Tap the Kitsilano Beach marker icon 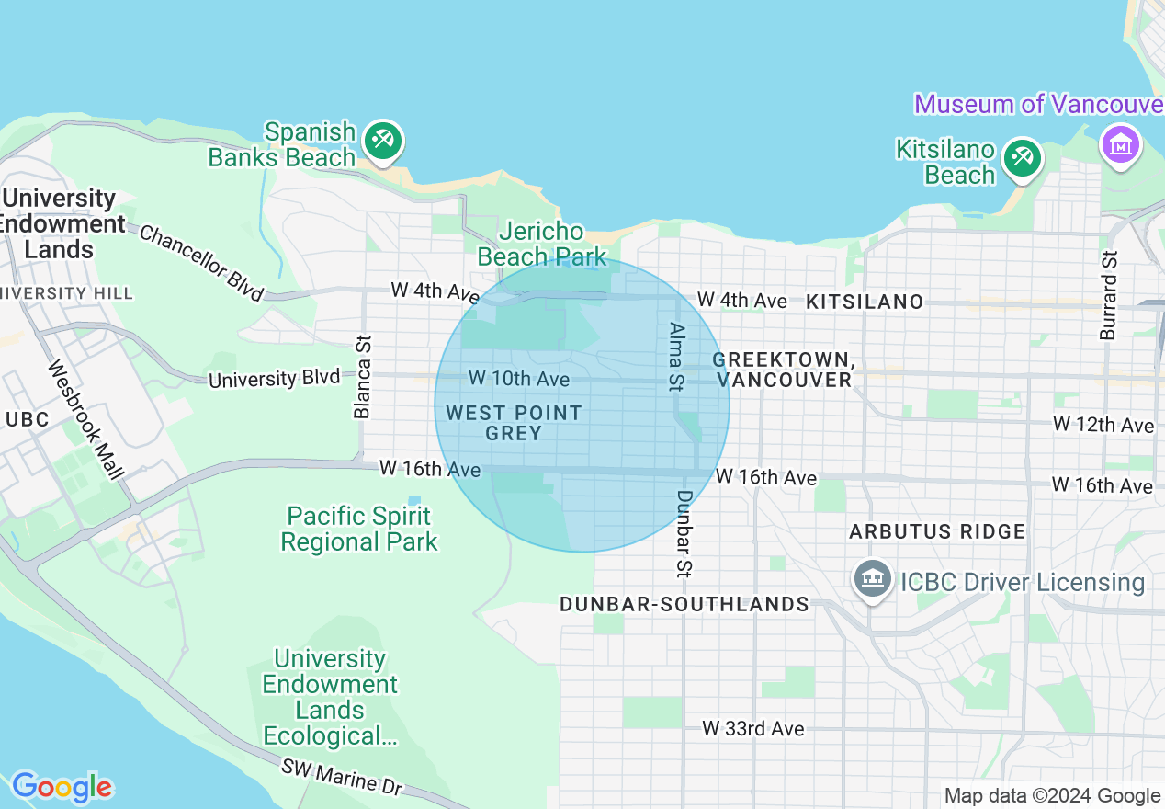pos(1021,157)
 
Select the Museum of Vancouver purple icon pos(1122,145)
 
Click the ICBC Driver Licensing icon pos(872,580)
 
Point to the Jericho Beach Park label pos(542,244)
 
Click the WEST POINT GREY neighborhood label pos(514,423)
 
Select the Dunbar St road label pos(684,533)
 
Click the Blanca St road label pos(363,377)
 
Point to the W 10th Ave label pos(519,378)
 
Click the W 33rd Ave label pos(753,729)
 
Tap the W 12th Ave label pos(1103,425)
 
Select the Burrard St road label pos(1110,295)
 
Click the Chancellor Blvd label pos(201,262)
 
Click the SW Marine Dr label pos(342,778)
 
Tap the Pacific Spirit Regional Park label pos(359,530)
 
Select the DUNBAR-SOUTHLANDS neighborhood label pos(684,604)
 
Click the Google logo pos(62,787)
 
